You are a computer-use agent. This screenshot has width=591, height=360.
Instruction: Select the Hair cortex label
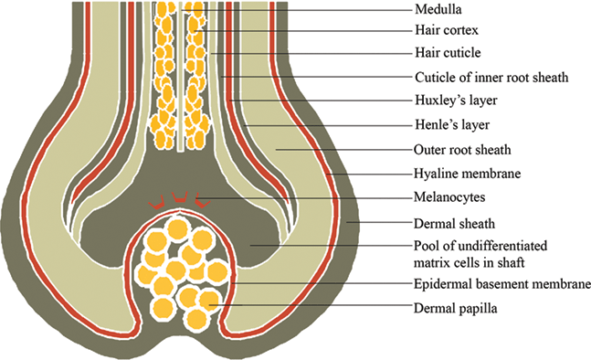coord(442,32)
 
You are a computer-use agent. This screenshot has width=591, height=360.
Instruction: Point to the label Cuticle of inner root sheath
coord(491,78)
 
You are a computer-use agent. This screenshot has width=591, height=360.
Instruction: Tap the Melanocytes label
coord(447,196)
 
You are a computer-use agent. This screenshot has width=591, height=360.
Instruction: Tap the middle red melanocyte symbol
coord(180,196)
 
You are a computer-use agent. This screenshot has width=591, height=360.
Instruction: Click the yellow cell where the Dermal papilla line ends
coord(209,300)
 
